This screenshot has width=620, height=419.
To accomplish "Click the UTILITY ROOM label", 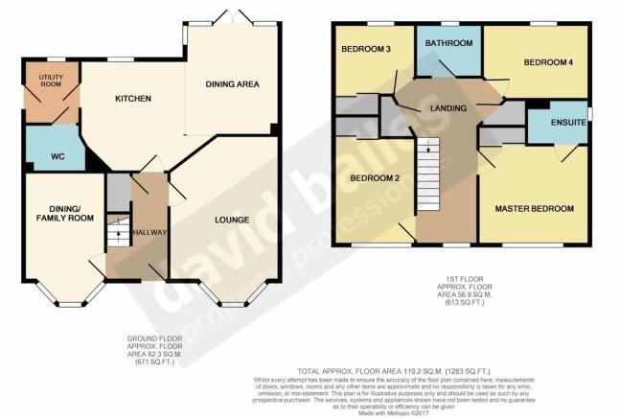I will pyautogui.click(x=51, y=81).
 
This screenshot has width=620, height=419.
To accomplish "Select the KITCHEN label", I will pyautogui.click(x=133, y=99).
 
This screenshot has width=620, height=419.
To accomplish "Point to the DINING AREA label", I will pyautogui.click(x=233, y=84).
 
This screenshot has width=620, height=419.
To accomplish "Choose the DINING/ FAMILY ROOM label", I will pyautogui.click(x=58, y=214).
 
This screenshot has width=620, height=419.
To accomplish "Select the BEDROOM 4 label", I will pyautogui.click(x=546, y=63).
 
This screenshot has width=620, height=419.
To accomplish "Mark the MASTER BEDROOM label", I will pyautogui.click(x=534, y=209).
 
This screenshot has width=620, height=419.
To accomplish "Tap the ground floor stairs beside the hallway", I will pyautogui.click(x=115, y=233).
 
